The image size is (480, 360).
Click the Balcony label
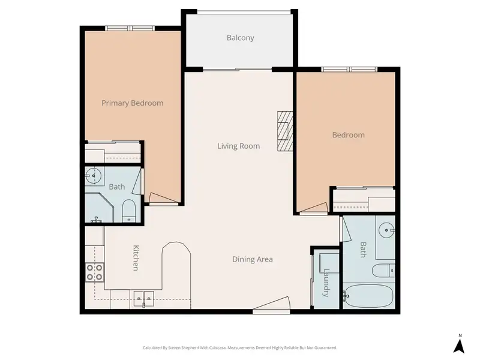[241, 38]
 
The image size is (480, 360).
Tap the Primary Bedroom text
[132, 103]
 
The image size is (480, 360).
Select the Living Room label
[238, 146]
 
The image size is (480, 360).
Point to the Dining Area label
[252, 259]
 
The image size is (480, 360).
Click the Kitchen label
[136, 258]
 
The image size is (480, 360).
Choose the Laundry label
[326, 283]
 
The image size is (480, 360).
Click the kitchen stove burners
[95, 272]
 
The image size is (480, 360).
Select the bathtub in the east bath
[368, 296]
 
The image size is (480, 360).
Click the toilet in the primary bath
[128, 211]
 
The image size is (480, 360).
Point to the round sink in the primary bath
[94, 176]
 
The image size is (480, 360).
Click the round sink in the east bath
[386, 230]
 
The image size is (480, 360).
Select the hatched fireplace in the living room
[285, 131]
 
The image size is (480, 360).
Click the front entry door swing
[271, 305]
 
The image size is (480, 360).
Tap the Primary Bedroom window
[130, 28]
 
